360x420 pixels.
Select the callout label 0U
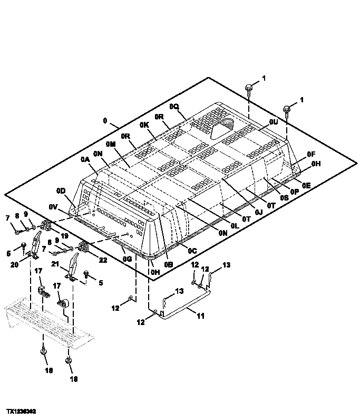tap(273, 121)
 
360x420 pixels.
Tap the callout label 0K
tap(144, 125)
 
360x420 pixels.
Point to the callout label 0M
tap(110, 144)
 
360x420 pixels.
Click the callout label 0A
tap(85, 159)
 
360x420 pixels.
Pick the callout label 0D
tap(61, 190)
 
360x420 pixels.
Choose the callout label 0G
tap(127, 259)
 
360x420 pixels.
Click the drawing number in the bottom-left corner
tap(21, 410)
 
